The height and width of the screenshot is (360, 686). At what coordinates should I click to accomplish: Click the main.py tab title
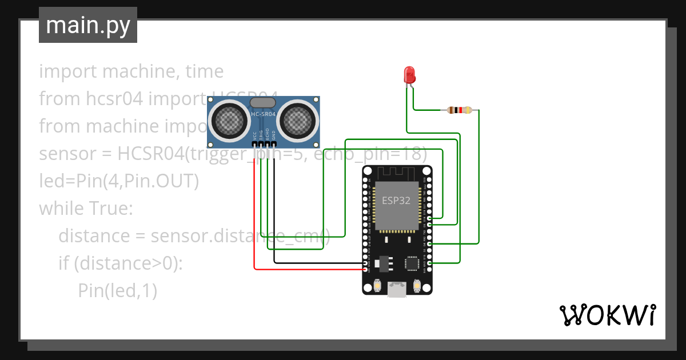pyautogui.click(x=87, y=25)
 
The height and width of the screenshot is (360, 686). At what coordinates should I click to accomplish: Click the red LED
pyautogui.click(x=409, y=75)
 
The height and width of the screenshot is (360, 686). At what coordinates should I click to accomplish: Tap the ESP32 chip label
pyautogui.click(x=396, y=201)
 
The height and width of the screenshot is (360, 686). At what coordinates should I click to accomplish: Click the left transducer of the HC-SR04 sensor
pyautogui.click(x=228, y=119)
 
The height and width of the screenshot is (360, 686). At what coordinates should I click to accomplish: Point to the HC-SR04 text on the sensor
pyautogui.click(x=263, y=114)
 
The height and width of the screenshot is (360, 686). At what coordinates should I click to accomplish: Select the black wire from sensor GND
pyautogui.click(x=274, y=229)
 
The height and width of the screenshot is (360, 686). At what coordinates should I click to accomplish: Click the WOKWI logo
pyautogui.click(x=607, y=315)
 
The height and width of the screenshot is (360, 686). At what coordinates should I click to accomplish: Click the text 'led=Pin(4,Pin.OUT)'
pyautogui.click(x=118, y=181)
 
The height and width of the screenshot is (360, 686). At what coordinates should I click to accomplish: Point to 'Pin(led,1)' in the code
pyautogui.click(x=117, y=291)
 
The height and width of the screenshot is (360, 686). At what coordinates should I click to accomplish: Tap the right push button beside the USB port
pyautogui.click(x=416, y=285)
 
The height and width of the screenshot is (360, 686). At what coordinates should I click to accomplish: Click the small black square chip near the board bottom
pyautogui.click(x=412, y=262)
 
